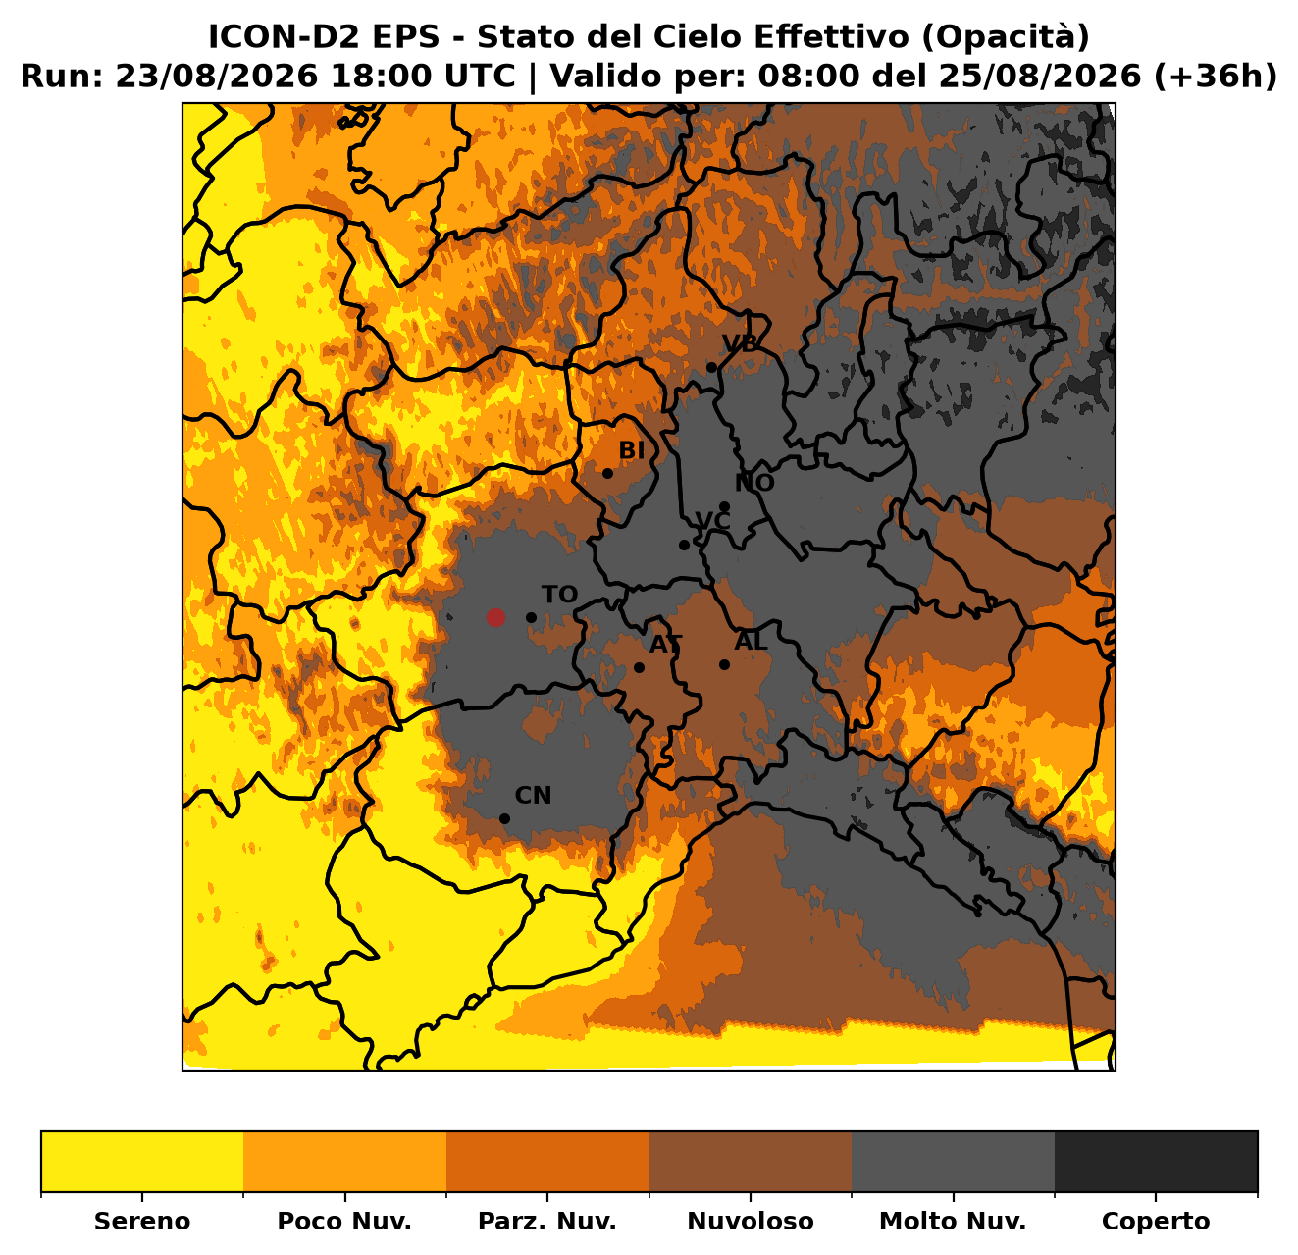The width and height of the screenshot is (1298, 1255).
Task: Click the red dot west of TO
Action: pyautogui.click(x=494, y=617)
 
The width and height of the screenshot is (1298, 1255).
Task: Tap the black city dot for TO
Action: pyautogui.click(x=531, y=617)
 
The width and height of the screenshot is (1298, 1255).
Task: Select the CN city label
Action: pyautogui.click(x=533, y=796)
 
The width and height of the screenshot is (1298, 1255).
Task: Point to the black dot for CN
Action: pyautogui.click(x=504, y=818)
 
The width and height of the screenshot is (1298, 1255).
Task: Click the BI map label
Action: pyautogui.click(x=632, y=450)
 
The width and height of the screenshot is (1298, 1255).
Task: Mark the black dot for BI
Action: pyautogui.click(x=607, y=473)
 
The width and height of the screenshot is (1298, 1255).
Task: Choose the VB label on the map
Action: pyautogui.click(x=741, y=343)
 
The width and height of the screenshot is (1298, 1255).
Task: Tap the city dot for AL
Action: pyautogui.click(x=724, y=664)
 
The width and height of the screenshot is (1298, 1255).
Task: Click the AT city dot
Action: pyautogui.click(x=639, y=667)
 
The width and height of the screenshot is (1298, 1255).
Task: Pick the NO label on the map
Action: pyautogui.click(x=754, y=483)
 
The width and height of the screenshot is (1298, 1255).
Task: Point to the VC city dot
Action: pyautogui.click(x=684, y=546)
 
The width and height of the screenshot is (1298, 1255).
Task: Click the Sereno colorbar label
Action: pyautogui.click(x=142, y=1221)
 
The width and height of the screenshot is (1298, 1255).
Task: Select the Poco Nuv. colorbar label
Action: pyautogui.click(x=344, y=1221)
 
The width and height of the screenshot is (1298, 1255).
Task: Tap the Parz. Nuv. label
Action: pyautogui.click(x=546, y=1221)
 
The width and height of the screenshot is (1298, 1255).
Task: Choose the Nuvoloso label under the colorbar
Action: pyautogui.click(x=751, y=1221)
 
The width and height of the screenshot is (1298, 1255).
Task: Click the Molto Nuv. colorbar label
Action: pyautogui.click(x=953, y=1221)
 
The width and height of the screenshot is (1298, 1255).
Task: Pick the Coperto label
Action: pyautogui.click(x=1156, y=1221)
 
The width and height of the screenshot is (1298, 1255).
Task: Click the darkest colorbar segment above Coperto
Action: pyautogui.click(x=1156, y=1162)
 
